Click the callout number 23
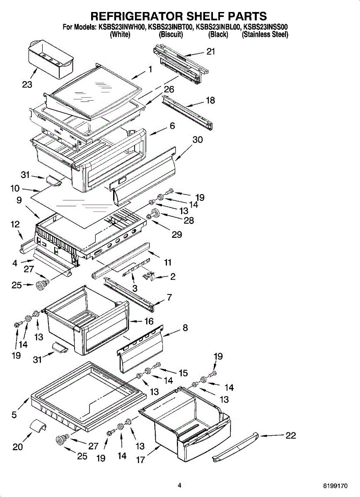(x=27, y=84)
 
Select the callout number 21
(x=211, y=51)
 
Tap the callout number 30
(x=198, y=140)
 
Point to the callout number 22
(x=291, y=435)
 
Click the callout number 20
(x=18, y=447)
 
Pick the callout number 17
(x=141, y=459)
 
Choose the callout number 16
(x=149, y=321)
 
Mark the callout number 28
(x=189, y=220)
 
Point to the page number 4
(x=179, y=485)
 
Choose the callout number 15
(x=183, y=373)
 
